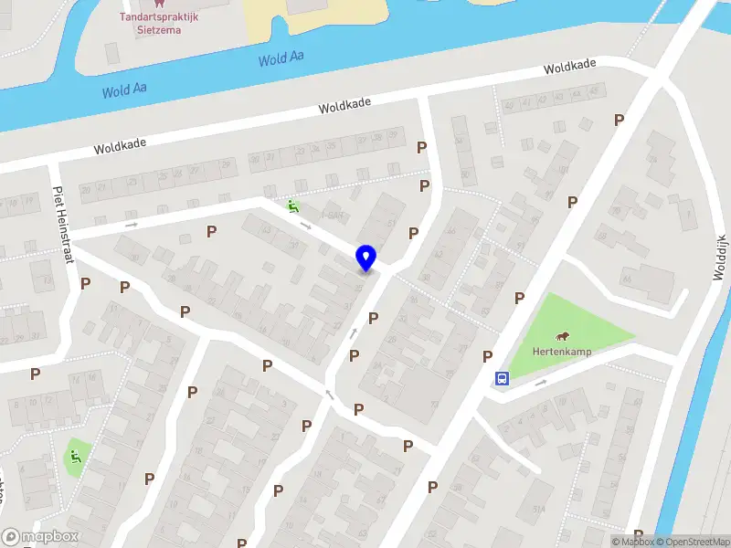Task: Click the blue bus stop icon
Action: pos(502,378)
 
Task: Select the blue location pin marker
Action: pos(365,258)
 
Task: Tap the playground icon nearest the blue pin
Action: pos(292,206)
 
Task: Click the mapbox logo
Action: pos(40,537)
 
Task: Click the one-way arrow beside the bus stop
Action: pos(540,383)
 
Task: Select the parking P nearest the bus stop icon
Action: pos(488,356)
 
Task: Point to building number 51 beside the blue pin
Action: pos(392,222)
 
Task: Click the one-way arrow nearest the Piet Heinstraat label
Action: pos(132,224)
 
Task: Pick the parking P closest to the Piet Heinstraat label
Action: pos(85,284)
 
